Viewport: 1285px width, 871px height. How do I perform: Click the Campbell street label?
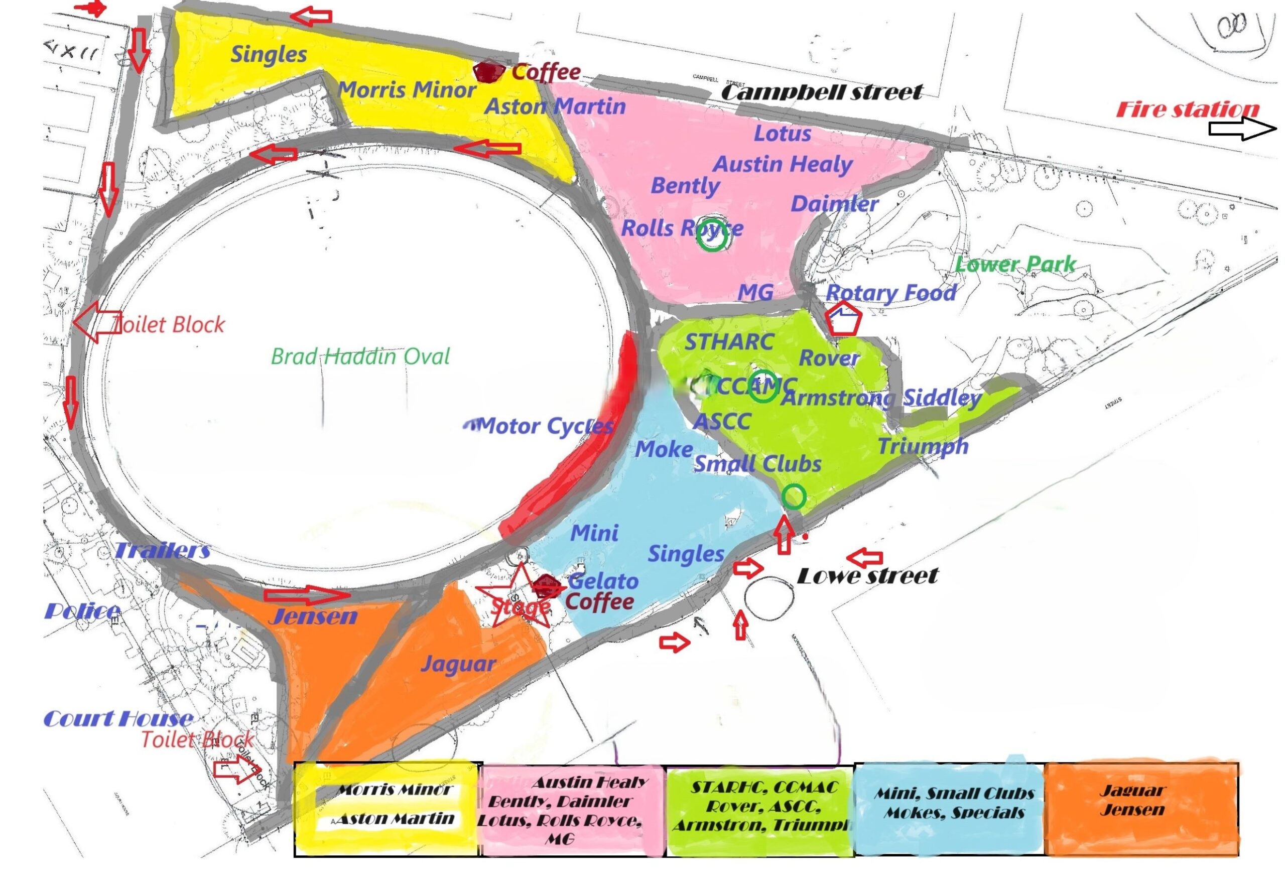point(822,92)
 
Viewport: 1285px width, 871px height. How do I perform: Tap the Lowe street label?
point(867,576)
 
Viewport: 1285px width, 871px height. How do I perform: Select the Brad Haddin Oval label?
point(360,357)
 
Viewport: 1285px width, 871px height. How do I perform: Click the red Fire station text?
point(1188,109)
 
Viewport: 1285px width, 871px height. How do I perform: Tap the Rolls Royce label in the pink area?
point(682,228)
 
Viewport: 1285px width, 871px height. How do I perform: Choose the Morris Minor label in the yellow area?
point(407,90)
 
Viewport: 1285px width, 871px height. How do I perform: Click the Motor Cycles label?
point(546,426)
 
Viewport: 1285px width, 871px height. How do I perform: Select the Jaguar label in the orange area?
point(458,664)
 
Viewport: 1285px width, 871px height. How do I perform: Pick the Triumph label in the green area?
point(923,446)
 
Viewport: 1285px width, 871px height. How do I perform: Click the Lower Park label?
point(1015,265)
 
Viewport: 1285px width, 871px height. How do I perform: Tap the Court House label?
point(118,719)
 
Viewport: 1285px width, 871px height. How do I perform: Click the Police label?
point(82,611)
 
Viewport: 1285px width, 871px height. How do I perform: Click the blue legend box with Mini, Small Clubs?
point(949,808)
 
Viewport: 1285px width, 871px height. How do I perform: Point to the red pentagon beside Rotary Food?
point(843,318)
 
